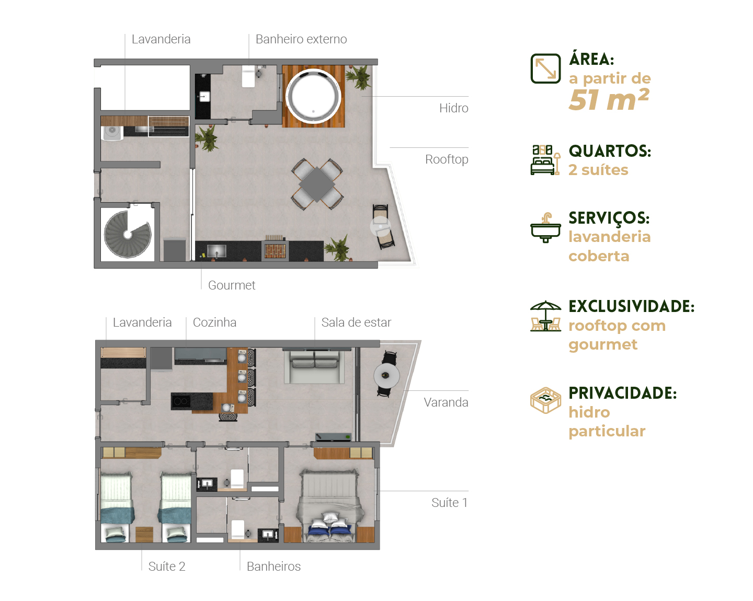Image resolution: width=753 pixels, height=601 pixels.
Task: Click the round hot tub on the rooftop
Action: pos(313,96)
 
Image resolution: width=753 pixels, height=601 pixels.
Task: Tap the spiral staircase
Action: pos(128,234)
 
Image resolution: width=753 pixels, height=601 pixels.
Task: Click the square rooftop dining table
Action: pos(317,184)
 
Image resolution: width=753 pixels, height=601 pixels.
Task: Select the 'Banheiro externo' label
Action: pos(301,39)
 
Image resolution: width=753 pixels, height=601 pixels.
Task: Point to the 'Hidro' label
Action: pos(454,108)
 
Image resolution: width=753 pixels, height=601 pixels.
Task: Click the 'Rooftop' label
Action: pos(447,159)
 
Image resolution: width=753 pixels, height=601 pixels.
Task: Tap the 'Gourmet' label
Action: pos(232,285)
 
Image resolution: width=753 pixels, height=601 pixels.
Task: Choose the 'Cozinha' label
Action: pos(214,322)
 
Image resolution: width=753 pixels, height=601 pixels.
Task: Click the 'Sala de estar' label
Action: pos(356,322)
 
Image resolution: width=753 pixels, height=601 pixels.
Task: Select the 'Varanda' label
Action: pos(446,402)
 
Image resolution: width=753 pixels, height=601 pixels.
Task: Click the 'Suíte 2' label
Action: pos(167,567)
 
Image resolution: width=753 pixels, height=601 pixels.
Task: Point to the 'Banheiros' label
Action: pos(273,567)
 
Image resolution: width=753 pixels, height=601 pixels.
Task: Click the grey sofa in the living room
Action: pos(315,367)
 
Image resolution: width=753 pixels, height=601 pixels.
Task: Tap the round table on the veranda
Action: pos(386,376)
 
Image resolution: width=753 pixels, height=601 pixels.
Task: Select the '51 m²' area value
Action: pos(609,99)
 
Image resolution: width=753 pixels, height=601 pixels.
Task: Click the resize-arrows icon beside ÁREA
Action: pos(545,68)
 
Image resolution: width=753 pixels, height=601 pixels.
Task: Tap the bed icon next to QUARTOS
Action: pos(545,160)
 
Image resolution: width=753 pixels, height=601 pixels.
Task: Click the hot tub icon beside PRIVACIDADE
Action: pos(545,400)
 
